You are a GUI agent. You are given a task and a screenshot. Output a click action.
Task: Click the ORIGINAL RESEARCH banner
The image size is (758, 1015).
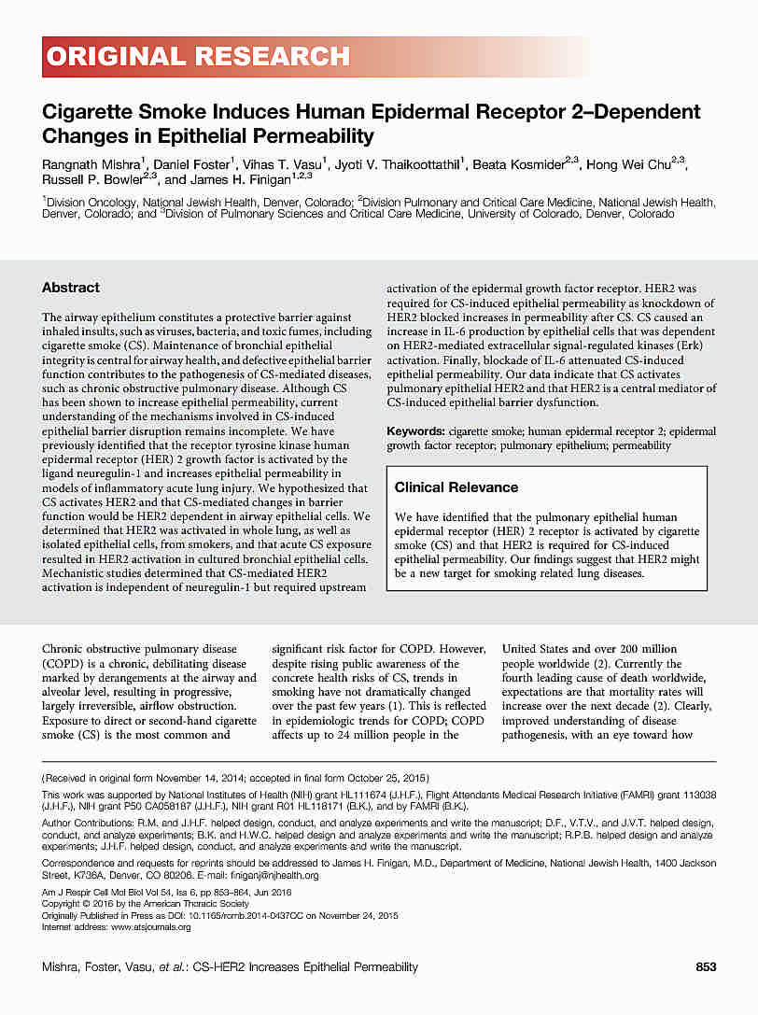198,57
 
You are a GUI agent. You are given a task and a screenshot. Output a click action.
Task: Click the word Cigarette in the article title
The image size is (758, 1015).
86,113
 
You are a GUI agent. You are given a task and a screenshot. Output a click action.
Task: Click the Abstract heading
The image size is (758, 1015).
71,288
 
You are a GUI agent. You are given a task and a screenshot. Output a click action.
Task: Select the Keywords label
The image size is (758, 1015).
415,431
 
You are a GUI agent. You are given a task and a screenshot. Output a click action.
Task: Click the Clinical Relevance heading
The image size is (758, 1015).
456,487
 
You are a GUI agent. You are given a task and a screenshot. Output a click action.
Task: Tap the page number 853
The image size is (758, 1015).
706,966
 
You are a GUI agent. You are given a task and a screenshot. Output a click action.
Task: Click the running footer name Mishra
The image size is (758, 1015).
63,966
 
